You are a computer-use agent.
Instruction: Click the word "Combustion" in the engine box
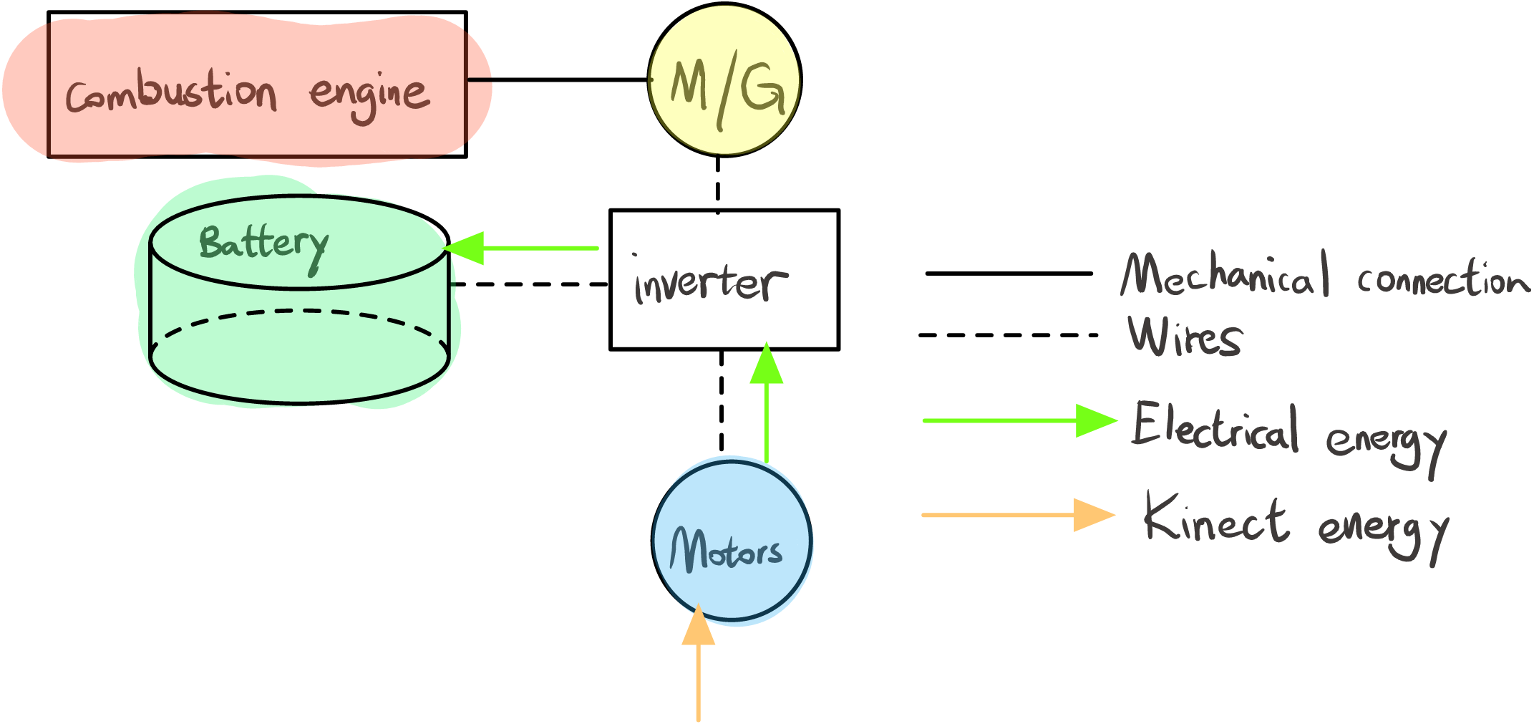click(171, 93)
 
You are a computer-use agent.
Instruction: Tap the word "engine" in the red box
click(369, 96)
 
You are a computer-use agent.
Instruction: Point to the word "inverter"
click(710, 282)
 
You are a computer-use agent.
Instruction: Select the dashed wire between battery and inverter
click(529, 284)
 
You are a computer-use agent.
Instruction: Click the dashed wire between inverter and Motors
click(721, 401)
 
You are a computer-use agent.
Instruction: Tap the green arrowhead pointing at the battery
click(466, 248)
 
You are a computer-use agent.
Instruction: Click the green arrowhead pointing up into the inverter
click(767, 365)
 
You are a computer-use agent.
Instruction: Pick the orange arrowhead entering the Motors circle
click(699, 627)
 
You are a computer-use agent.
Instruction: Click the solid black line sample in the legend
click(1009, 273)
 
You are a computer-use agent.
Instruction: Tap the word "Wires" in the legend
click(1185, 336)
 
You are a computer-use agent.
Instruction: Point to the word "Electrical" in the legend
click(1215, 427)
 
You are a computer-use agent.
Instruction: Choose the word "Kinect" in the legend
click(1216, 518)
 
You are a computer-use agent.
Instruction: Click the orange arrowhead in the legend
click(1093, 515)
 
